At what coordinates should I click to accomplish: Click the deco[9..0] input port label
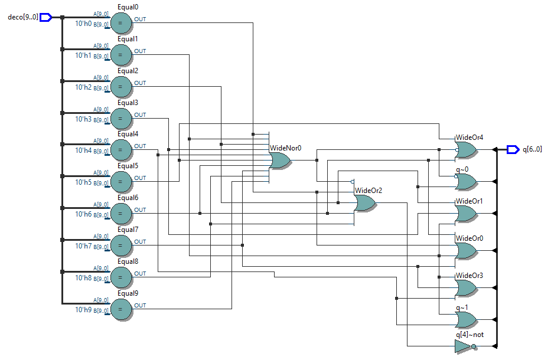[x=22, y=17]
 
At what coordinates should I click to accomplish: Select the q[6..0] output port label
[x=532, y=149]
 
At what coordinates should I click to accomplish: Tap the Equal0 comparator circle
[x=120, y=23]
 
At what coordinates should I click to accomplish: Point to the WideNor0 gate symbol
[x=279, y=161]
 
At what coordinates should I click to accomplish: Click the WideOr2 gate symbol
[x=364, y=203]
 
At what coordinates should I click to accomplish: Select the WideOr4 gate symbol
[x=466, y=149]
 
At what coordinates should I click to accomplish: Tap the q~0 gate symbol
[x=466, y=182]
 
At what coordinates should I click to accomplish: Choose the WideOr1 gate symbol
[x=466, y=214]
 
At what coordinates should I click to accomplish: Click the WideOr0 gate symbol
[x=466, y=250]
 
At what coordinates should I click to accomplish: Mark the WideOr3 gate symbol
[x=466, y=287]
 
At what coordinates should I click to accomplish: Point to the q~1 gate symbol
[x=466, y=319]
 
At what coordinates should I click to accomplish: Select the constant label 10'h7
[x=83, y=246]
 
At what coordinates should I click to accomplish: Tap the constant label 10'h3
[x=83, y=119]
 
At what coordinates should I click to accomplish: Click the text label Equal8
[x=128, y=261]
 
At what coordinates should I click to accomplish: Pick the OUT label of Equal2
[x=140, y=83]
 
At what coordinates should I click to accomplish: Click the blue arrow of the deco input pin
[x=46, y=17]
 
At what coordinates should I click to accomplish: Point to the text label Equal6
[x=128, y=198]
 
